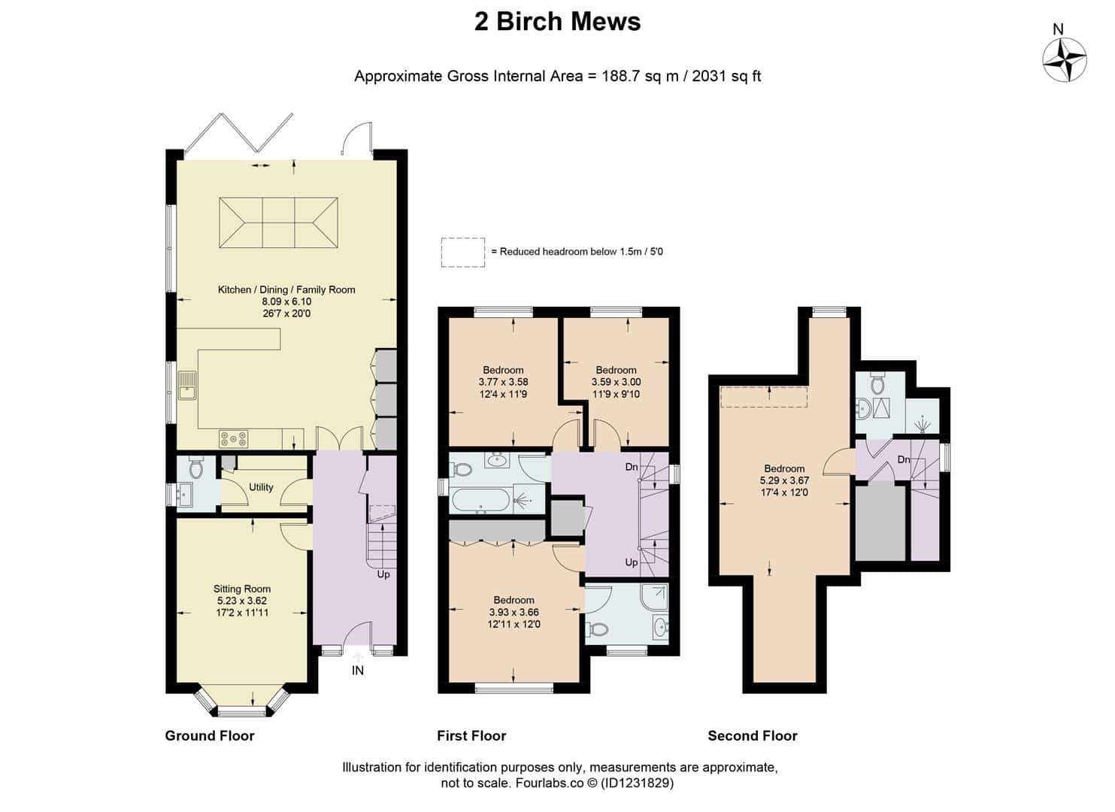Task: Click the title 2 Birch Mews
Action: (558, 21)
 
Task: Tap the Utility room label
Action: (261, 487)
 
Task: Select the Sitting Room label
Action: (242, 589)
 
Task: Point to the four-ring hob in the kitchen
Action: (234, 438)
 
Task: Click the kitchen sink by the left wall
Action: (187, 386)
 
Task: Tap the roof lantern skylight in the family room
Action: (278, 223)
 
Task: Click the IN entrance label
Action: (357, 671)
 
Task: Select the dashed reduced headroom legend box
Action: (462, 253)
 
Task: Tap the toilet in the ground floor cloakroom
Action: (195, 466)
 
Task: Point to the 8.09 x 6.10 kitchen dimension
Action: (286, 301)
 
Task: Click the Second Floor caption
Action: (752, 735)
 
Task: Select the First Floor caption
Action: (471, 735)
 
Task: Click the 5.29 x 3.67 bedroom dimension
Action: (784, 480)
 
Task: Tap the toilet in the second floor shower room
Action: (877, 383)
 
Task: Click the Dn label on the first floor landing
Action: (632, 466)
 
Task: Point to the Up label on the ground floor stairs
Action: (383, 574)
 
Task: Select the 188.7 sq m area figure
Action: (641, 76)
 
